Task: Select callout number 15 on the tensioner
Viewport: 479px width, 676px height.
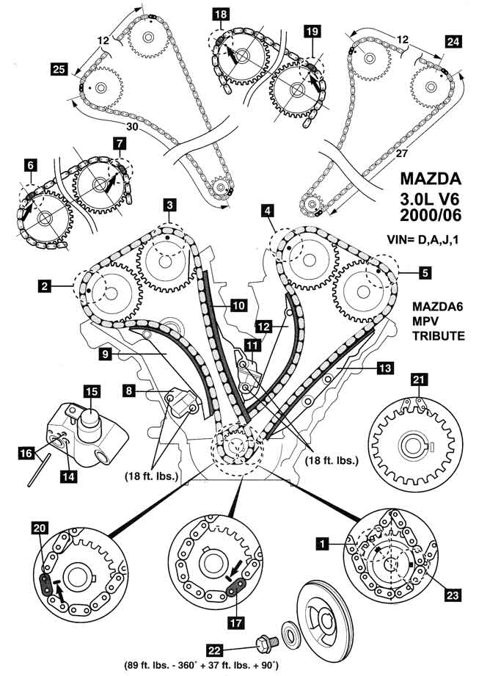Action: click(91, 392)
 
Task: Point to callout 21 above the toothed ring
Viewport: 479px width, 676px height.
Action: click(417, 379)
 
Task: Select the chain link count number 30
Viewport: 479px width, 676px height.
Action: click(132, 126)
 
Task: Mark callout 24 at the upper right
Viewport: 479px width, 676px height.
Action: click(453, 43)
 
